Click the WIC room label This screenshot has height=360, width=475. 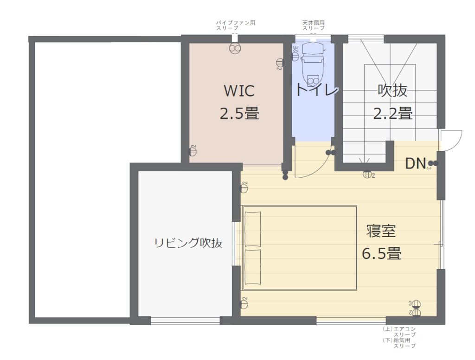(239, 91)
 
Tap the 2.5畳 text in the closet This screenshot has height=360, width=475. (239, 113)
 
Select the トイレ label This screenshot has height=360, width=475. (317, 90)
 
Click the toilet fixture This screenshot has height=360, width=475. (312, 65)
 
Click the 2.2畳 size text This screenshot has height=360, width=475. (392, 113)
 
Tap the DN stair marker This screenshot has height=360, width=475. (416, 163)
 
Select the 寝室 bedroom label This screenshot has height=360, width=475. (381, 231)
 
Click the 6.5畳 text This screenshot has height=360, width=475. (381, 254)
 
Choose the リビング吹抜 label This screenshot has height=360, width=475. (188, 243)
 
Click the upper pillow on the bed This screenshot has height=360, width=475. (253, 229)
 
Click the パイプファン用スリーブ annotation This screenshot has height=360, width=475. (236, 25)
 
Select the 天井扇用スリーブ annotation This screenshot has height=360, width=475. (314, 25)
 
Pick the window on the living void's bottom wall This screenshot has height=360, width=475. (185, 320)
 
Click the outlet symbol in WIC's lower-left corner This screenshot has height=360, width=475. (193, 151)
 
